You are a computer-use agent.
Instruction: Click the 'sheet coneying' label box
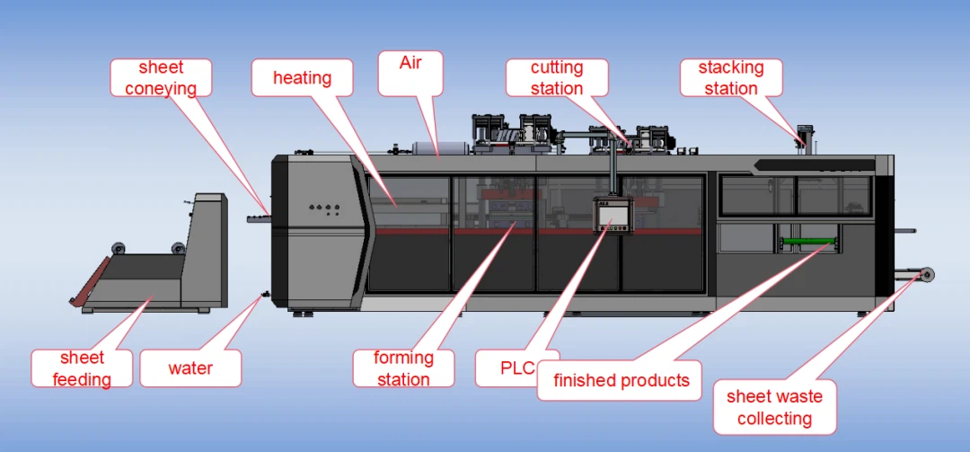coord(161,77)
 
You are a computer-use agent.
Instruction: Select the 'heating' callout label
coord(303,77)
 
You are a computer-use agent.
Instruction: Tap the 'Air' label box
coord(410,73)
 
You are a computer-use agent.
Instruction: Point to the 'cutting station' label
coord(557,77)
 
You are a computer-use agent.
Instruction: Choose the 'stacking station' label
coord(731,77)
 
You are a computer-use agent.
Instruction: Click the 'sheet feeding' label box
coord(82,368)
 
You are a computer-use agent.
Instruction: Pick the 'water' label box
coord(190,368)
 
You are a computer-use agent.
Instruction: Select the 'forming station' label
coord(404,368)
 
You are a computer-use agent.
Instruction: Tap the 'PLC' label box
coord(517,368)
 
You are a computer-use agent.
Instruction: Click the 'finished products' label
coord(619,379)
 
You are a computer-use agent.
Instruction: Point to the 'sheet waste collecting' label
coord(775,407)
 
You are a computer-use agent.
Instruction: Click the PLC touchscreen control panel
coord(613,216)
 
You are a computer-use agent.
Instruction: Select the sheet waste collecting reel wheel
coord(926,275)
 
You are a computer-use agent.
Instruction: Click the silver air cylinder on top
coord(432,149)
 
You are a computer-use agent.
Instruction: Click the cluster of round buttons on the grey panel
coord(325,209)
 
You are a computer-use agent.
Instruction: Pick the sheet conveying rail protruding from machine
coord(259,218)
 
